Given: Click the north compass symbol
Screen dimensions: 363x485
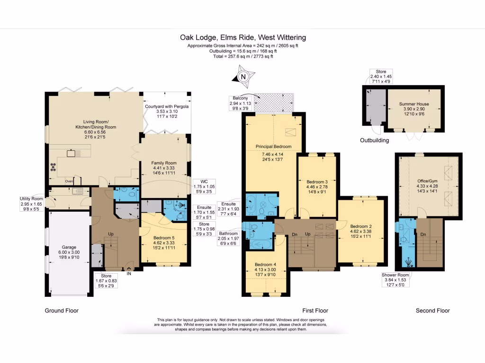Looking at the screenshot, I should tap(243, 77).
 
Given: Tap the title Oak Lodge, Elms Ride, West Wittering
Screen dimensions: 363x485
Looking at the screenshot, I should tap(242, 37).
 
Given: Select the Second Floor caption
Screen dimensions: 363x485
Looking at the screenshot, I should tap(432, 311).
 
